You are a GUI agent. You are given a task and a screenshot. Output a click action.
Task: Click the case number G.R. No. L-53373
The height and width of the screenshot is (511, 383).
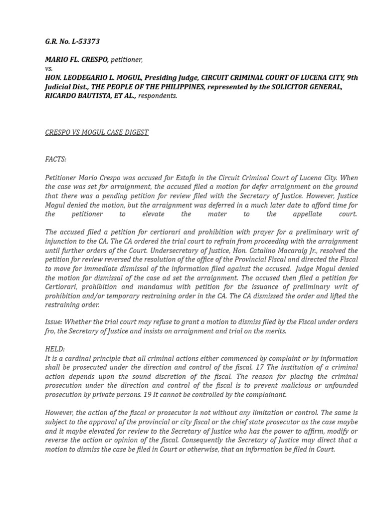coord(72,41)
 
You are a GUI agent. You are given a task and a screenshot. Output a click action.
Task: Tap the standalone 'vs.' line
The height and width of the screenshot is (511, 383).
coord(49,69)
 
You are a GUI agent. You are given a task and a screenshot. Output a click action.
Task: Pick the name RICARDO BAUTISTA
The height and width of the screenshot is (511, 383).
coord(75,96)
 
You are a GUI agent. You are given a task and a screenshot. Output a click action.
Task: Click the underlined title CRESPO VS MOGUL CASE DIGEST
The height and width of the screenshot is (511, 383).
coord(97,132)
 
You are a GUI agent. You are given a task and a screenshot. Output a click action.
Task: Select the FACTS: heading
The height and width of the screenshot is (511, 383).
coord(55,159)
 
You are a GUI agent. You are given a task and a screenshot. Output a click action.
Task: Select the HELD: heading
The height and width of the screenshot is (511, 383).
coord(55,349)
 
